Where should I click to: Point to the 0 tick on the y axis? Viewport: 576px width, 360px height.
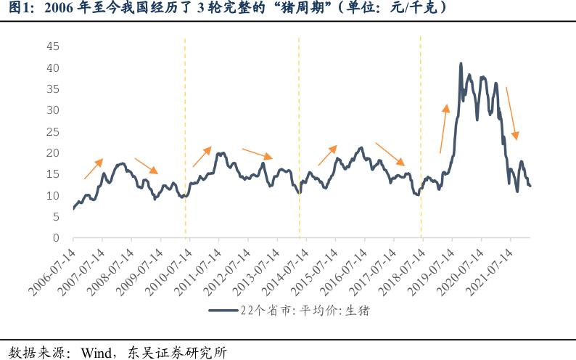(x=55, y=238)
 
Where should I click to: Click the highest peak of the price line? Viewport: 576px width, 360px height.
(x=461, y=64)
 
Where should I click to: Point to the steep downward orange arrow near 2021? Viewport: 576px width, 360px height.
(x=511, y=113)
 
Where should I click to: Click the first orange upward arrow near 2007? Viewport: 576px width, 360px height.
(x=93, y=168)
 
